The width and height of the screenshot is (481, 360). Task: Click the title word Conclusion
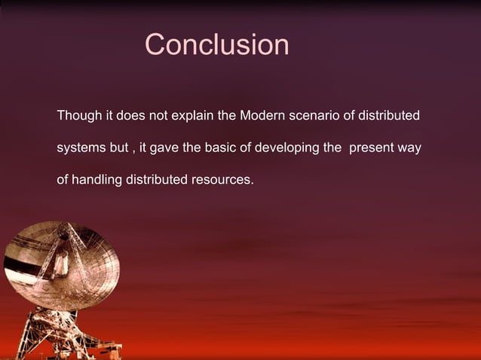216,45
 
